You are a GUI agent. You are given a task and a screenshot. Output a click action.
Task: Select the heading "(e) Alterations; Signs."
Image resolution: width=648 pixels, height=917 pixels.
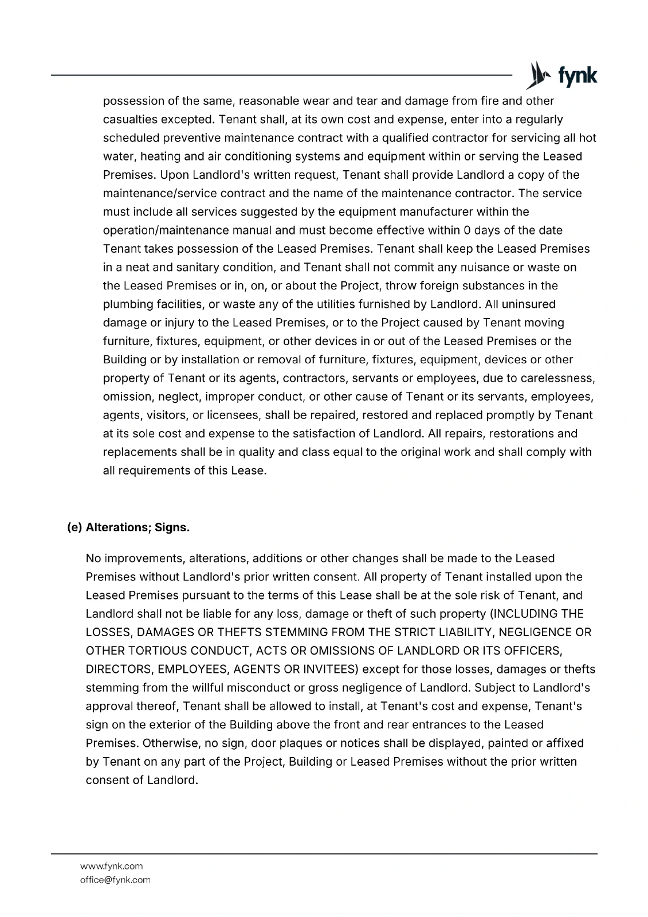coord(128,527)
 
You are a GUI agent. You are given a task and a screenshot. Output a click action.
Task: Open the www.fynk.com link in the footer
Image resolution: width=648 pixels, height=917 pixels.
coord(111,866)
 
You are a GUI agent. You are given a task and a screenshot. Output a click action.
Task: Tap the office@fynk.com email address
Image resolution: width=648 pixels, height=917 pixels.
coord(115,880)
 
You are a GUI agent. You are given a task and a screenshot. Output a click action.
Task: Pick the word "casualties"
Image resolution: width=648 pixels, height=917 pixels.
coord(131,120)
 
